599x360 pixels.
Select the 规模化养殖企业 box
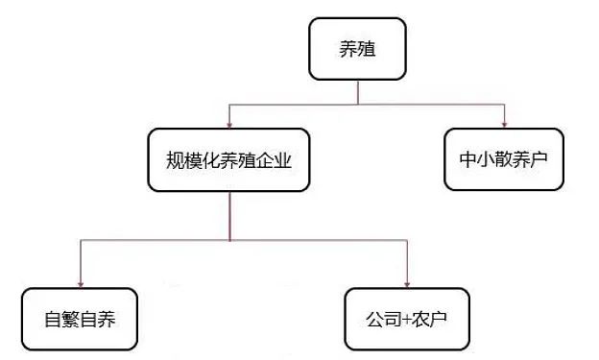point(228,160)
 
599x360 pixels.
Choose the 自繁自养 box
point(81,319)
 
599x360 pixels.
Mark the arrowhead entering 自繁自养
point(80,282)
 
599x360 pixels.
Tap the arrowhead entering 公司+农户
point(408,282)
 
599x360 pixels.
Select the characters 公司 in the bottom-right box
point(382,319)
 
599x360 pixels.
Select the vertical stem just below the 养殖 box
point(357,91)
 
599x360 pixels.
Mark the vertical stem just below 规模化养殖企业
point(228,216)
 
